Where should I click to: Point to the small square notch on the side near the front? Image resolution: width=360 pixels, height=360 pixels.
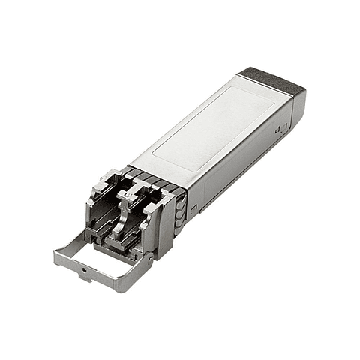pos(193,213)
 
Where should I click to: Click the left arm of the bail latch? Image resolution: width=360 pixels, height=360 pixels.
pos(72,241)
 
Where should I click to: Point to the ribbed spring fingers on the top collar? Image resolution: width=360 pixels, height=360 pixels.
pos(150,177)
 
